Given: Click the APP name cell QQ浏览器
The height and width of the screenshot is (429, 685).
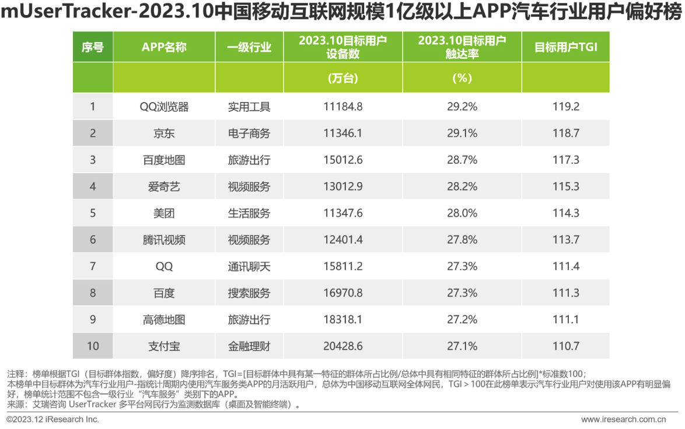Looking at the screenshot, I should (x=164, y=107).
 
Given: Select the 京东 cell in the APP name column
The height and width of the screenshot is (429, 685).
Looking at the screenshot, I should (x=164, y=133).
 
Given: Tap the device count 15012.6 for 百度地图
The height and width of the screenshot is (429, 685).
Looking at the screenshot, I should (x=342, y=160).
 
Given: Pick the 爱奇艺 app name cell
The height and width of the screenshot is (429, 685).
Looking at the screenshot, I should (x=164, y=187).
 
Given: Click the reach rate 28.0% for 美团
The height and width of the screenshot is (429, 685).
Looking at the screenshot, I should (x=462, y=213).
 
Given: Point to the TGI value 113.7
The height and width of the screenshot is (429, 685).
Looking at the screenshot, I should (x=565, y=240).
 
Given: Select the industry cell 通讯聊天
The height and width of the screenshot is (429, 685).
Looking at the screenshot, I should (x=249, y=266).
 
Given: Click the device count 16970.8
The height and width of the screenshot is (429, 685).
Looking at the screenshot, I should (x=342, y=293).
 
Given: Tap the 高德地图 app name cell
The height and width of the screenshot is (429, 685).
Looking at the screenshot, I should (x=164, y=319).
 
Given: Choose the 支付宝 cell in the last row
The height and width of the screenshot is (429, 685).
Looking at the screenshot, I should (x=164, y=346).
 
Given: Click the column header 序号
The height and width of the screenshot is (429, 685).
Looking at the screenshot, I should (x=93, y=47).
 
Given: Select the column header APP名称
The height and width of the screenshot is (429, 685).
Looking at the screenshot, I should (x=164, y=47).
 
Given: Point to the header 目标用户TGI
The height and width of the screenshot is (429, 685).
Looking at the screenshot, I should (x=565, y=47).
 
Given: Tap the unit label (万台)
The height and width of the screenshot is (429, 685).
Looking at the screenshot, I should (x=342, y=78).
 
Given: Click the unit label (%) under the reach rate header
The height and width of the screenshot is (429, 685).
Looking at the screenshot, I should (x=462, y=78).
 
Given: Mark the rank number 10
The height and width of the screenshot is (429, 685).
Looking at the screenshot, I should (x=93, y=346).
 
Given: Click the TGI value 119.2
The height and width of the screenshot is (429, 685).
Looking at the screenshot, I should (x=565, y=107).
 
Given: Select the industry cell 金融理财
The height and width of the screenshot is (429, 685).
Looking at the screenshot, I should (x=249, y=346).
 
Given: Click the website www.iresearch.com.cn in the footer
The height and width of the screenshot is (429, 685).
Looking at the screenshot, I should (x=623, y=419).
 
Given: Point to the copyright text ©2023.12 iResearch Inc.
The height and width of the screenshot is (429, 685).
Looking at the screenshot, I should (x=53, y=419).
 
